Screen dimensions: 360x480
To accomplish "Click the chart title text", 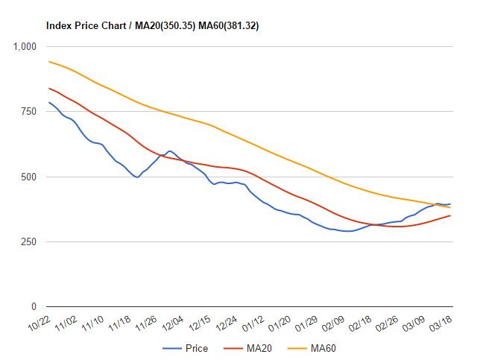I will pyautogui.click(x=153, y=25).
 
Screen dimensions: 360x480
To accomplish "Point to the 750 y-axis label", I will pyautogui.click(x=29, y=111).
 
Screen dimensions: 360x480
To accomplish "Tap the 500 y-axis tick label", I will pyautogui.click(x=29, y=177).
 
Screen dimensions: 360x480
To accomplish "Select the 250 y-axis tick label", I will pyautogui.click(x=29, y=242).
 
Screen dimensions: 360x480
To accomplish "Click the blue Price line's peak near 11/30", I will pyautogui.click(x=169, y=151).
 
